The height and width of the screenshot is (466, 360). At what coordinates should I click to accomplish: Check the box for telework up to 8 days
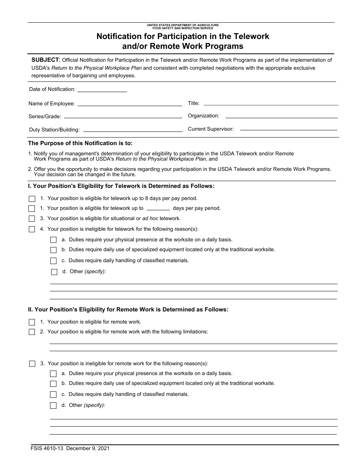(32, 199)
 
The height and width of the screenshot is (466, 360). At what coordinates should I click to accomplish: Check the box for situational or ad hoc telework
(32, 219)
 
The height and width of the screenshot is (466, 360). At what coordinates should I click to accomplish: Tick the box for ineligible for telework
(32, 229)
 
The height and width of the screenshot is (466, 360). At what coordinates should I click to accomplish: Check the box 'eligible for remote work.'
(32, 322)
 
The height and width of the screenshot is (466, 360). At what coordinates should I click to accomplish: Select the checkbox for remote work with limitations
(32, 332)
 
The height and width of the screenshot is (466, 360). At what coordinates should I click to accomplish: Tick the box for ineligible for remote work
(32, 364)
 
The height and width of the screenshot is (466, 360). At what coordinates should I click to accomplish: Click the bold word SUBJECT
(45, 60)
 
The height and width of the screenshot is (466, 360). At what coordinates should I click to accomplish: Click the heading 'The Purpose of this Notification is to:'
(80, 143)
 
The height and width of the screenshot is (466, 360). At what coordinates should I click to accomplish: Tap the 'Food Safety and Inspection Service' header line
(183, 28)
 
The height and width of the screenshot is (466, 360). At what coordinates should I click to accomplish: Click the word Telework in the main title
(251, 36)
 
